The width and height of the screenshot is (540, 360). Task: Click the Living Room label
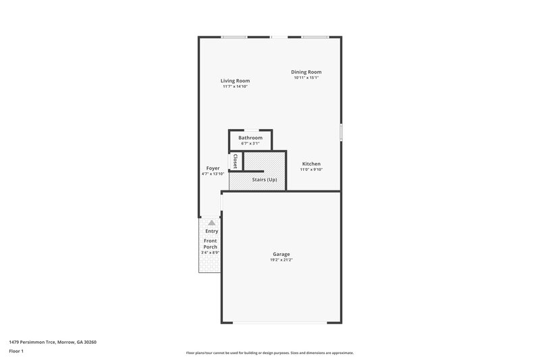click(235, 81)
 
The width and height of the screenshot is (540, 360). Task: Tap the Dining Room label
click(306, 72)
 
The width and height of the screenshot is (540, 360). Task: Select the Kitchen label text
click(311, 164)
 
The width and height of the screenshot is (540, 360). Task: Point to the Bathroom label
click(250, 138)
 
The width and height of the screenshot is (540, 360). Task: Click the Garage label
click(281, 254)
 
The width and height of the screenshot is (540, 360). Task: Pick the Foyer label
click(213, 168)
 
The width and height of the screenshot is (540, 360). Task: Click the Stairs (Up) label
click(263, 180)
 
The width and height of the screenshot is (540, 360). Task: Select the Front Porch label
click(211, 244)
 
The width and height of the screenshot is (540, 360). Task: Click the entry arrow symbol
click(211, 222)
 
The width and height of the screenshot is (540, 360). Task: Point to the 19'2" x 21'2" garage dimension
click(281, 260)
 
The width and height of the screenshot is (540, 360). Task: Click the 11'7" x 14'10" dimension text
click(235, 86)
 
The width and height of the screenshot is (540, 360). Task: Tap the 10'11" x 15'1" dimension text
click(306, 78)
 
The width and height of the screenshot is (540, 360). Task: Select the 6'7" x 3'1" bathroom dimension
click(250, 143)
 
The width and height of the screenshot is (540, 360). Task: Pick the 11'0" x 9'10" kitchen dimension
click(311, 170)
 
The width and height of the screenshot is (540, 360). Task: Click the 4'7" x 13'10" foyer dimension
click(213, 174)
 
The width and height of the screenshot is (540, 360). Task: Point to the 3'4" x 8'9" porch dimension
click(211, 253)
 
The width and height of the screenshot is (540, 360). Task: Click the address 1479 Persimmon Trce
click(53, 342)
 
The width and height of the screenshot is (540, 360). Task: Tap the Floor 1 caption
click(17, 352)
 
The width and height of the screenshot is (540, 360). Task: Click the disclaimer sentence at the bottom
click(269, 353)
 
